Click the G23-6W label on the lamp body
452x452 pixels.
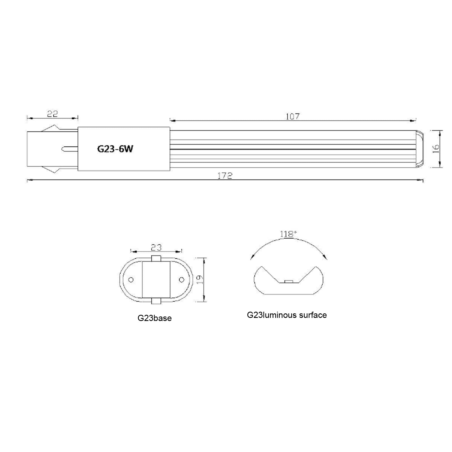pyautogui.click(x=115, y=149)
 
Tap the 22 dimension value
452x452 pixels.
pyautogui.click(x=53, y=114)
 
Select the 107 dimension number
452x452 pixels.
pyautogui.click(x=293, y=116)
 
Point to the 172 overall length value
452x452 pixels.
pyautogui.click(x=225, y=176)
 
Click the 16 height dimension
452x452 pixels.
pyautogui.click(x=436, y=149)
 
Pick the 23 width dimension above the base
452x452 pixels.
pyautogui.click(x=156, y=248)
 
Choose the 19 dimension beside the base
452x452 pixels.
pyautogui.click(x=199, y=279)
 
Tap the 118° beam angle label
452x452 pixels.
pyautogui.click(x=288, y=234)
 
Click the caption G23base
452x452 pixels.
pyautogui.click(x=154, y=318)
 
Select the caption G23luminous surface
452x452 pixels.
pyautogui.click(x=287, y=315)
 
